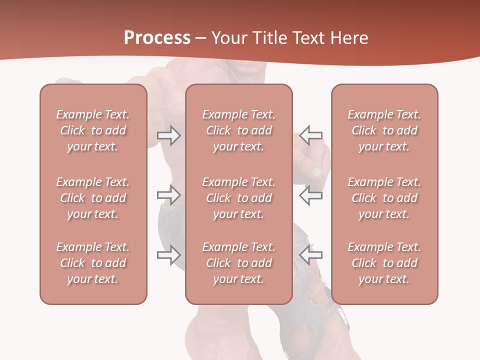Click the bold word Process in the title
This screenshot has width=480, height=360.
pos(157,38)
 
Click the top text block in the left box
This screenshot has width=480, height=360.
pos(93,130)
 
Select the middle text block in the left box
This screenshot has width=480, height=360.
pos(93,198)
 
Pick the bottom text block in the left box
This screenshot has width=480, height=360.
pos(93,263)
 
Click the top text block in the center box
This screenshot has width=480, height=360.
pos(239,130)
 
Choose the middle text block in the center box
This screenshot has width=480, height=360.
pos(239,198)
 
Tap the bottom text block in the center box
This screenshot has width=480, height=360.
pos(239,263)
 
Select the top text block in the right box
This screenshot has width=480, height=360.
pos(384,130)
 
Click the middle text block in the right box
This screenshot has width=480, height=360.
pos(384,198)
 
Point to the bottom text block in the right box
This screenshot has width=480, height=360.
pos(384,263)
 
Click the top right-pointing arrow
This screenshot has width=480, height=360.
pos(168,135)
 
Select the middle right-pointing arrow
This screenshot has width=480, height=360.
pos(168,195)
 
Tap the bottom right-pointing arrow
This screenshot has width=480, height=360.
pos(168,255)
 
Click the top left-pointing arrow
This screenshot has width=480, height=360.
pos(311,135)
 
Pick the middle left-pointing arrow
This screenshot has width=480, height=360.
pos(311,195)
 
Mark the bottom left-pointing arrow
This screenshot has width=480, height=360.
pos(311,255)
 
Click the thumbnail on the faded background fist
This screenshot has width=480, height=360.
pos(316,171)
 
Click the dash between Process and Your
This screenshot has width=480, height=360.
pos(201,38)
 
